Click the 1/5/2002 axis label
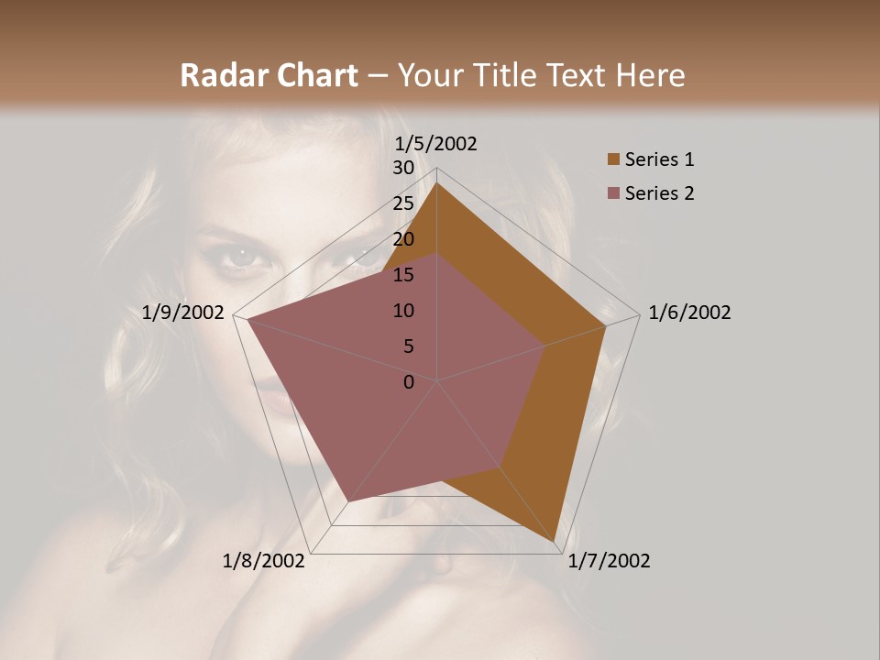click(436, 143)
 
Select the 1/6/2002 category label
click(689, 313)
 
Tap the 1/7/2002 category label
click(609, 561)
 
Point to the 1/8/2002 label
click(264, 561)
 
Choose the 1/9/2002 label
click(183, 313)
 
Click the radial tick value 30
click(403, 168)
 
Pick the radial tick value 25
click(403, 203)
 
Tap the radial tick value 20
click(403, 239)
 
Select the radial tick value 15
click(403, 275)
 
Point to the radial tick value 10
click(403, 311)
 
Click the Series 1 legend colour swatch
click(613, 160)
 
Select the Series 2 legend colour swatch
click(613, 193)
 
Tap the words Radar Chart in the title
click(269, 75)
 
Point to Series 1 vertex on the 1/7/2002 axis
click(555, 542)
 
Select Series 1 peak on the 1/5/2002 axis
click(437, 182)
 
